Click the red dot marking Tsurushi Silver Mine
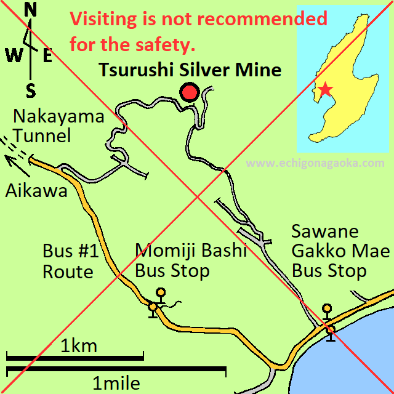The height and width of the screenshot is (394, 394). [x=190, y=92]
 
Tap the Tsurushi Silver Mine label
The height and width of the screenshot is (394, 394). [x=190, y=70]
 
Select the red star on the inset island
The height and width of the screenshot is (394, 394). [x=325, y=90]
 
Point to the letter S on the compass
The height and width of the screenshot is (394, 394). [x=31, y=91]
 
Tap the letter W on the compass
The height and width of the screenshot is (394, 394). [x=14, y=56]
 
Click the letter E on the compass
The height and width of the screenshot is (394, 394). [x=47, y=55]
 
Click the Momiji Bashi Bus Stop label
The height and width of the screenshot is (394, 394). [x=190, y=260]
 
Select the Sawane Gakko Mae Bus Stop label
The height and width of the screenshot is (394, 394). [x=340, y=251]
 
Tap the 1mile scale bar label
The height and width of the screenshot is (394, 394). [x=116, y=384]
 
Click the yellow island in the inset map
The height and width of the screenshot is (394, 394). [x=345, y=68]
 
